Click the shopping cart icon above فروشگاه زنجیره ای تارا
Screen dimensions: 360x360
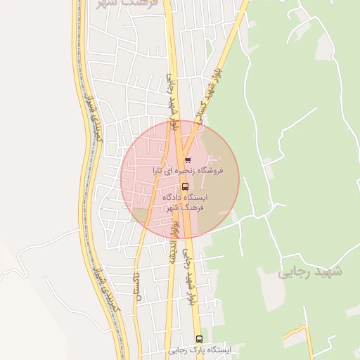pos(187,160)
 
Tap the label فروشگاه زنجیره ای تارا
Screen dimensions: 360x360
pos(187,170)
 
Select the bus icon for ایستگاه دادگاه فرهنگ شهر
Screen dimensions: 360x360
pos(185,186)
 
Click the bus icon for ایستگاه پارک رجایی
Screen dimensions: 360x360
pos(199,339)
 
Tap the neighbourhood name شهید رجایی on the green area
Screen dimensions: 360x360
pos(309,271)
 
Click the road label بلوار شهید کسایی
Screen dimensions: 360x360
pos(214,95)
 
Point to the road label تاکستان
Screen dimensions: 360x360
pos(137,286)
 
